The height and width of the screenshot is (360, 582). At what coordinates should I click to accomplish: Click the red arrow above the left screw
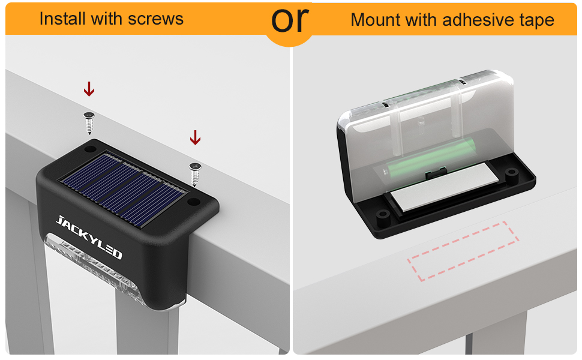tap(89, 89)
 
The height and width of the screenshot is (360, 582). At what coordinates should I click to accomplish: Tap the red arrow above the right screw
tap(195, 138)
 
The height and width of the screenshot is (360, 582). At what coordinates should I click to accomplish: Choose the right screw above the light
tap(194, 173)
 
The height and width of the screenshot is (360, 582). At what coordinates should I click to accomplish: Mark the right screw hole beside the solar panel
tap(194, 203)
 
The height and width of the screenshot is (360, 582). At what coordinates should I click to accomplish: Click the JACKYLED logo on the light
tap(89, 236)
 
